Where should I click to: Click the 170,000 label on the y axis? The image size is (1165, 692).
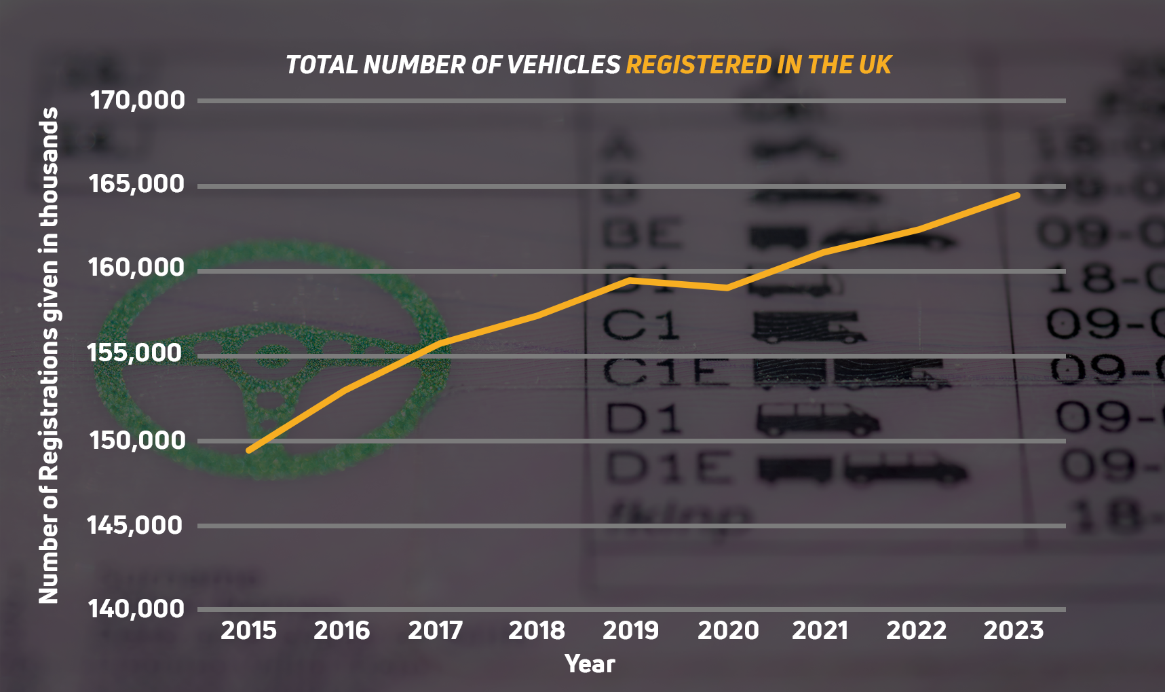coord(137,101)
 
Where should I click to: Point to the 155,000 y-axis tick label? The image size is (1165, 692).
coord(136,353)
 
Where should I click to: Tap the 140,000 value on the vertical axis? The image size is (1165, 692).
coord(136,608)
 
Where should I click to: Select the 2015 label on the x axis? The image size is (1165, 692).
coord(248,631)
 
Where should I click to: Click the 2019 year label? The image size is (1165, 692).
coord(630,631)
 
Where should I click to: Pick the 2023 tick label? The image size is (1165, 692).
coord(1013,631)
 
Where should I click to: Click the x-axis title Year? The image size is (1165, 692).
coord(590,664)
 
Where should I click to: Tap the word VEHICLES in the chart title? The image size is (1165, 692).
coord(563,65)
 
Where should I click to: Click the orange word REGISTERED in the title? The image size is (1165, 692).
coord(698,65)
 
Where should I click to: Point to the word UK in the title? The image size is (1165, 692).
coord(875,65)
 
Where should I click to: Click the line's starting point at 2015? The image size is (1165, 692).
coord(249,450)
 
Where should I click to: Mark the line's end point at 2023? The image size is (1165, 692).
coord(1017,195)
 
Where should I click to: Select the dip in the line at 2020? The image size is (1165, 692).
coord(727,288)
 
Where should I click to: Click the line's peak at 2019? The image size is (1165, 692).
coord(630,279)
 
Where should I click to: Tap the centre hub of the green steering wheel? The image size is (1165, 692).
coord(273,357)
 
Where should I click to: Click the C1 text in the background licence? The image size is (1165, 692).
coord(641,325)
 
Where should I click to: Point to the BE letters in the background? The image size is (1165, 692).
coord(642,234)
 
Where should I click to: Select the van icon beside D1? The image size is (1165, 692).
coord(818,419)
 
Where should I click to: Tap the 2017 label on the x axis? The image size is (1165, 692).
coord(435,631)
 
